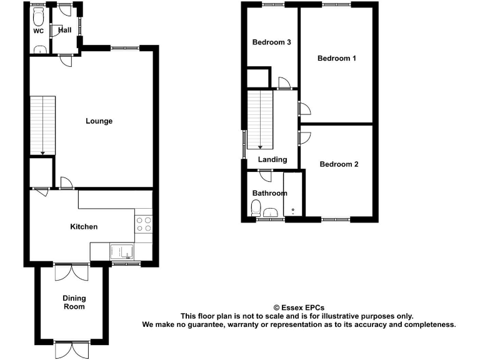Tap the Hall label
[64, 30]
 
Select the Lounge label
[99, 121]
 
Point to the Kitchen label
[83, 226]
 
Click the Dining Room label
[73, 302]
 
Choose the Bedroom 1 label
[337, 58]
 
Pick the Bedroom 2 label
[339, 164]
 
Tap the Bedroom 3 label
[272, 42]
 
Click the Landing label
[272, 159]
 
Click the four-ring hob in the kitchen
[143, 224]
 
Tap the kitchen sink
[121, 251]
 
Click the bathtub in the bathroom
[292, 195]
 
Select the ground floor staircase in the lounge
[42, 125]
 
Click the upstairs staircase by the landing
[261, 119]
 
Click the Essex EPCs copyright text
[299, 307]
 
